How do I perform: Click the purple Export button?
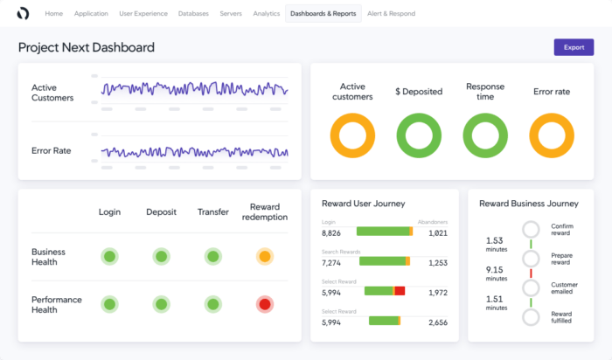click(x=574, y=47)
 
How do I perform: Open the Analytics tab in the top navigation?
click(x=266, y=14)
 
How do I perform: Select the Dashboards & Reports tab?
click(x=323, y=14)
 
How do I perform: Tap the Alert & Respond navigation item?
click(x=391, y=14)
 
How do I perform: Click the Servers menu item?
click(x=231, y=14)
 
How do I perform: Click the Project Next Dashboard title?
click(x=87, y=47)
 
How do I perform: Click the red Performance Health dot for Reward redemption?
click(x=264, y=304)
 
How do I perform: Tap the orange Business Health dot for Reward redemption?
click(x=264, y=256)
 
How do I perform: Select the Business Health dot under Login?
click(x=109, y=256)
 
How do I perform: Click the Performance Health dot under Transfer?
click(x=212, y=304)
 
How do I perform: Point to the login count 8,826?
click(x=331, y=232)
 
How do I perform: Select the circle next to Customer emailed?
click(x=531, y=287)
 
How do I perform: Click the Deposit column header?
click(x=161, y=211)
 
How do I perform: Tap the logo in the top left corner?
click(x=23, y=14)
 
